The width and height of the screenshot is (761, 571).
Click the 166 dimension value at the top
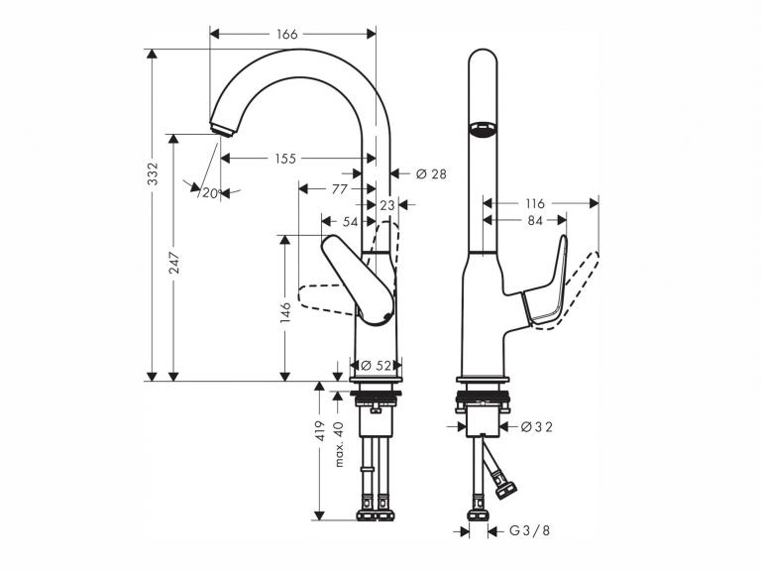pyautogui.click(x=286, y=34)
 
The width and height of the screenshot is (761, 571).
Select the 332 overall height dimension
pyautogui.click(x=153, y=173)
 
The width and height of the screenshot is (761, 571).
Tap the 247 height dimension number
pyautogui.click(x=174, y=263)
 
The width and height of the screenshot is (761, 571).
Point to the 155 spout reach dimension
pyautogui.click(x=285, y=159)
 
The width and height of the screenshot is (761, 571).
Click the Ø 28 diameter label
pyautogui.click(x=431, y=173)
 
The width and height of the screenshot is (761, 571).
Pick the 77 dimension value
pyautogui.click(x=340, y=188)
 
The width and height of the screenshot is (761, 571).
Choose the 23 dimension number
pyautogui.click(x=387, y=205)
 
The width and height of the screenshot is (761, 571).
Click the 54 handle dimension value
pyautogui.click(x=351, y=222)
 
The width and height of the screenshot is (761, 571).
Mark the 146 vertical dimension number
pyautogui.click(x=285, y=312)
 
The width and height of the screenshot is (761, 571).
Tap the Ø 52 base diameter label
pyautogui.click(x=377, y=365)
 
